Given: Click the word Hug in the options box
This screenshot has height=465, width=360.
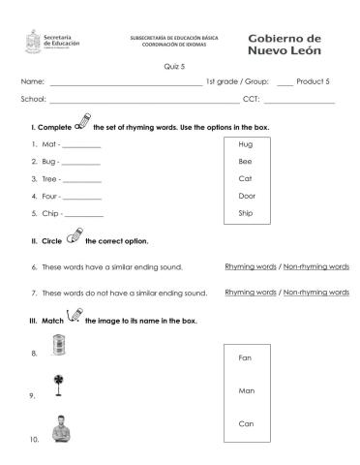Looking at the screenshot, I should click(x=245, y=144).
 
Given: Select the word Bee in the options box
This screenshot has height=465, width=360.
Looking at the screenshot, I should click(x=245, y=162).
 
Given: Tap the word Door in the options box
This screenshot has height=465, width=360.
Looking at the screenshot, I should click(x=245, y=197).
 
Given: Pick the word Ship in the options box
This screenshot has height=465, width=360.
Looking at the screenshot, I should click(x=245, y=214).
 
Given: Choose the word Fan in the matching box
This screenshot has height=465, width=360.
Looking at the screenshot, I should click(x=245, y=357).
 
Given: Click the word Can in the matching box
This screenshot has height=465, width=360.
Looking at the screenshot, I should click(x=245, y=423).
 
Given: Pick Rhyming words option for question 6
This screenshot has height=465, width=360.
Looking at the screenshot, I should click(x=250, y=266).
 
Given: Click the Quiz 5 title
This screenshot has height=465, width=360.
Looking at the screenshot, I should click(x=179, y=67).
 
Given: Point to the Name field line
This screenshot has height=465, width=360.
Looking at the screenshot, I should click(x=126, y=84).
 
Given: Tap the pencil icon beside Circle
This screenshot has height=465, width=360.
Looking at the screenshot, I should click(x=74, y=237).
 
